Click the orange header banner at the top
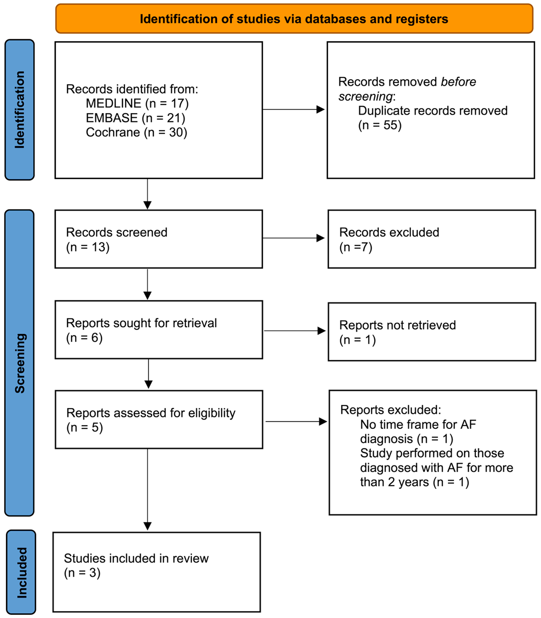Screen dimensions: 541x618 click(x=294, y=19)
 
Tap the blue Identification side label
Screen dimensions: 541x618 click(x=20, y=110)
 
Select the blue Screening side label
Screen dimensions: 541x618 click(x=20, y=363)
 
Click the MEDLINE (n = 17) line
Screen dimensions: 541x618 click(x=137, y=104)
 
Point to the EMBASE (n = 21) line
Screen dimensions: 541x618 click(x=136, y=118)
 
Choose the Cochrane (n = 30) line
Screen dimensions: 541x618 click(x=136, y=133)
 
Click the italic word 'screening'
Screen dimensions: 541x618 click(x=365, y=96)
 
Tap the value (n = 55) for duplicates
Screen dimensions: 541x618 click(x=380, y=125)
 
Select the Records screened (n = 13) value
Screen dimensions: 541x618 click(x=88, y=247)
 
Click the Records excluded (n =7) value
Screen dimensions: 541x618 click(x=356, y=247)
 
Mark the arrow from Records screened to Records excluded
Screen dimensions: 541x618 click(x=293, y=238)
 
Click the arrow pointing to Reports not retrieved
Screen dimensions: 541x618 click(x=295, y=331)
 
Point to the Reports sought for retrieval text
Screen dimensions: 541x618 click(x=141, y=323)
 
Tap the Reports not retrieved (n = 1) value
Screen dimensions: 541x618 click(x=358, y=340)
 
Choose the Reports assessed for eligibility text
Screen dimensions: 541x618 click(x=151, y=413)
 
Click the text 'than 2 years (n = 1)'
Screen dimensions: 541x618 click(x=415, y=482)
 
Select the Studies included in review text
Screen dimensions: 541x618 click(x=136, y=558)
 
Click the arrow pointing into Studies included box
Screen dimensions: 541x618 click(x=147, y=489)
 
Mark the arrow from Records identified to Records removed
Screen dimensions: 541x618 click(x=293, y=109)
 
